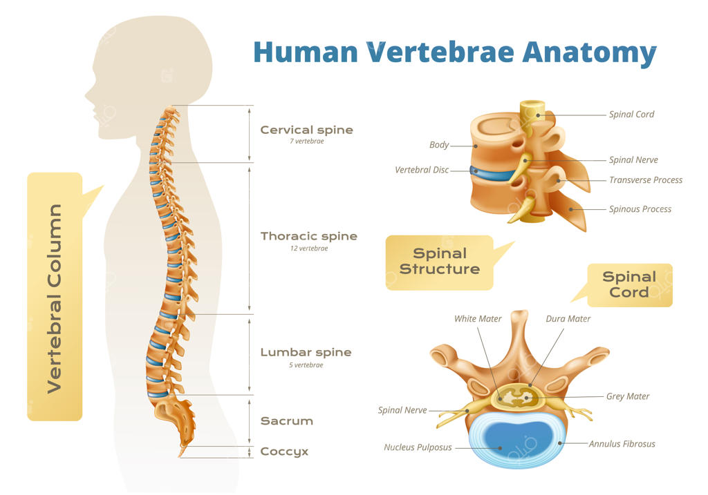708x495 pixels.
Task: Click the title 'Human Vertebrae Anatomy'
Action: (x=454, y=52)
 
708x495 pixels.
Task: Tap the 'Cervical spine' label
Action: (x=306, y=130)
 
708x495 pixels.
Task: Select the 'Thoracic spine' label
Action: (x=308, y=236)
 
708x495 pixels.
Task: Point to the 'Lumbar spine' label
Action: (x=306, y=352)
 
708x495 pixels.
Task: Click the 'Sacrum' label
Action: (x=286, y=420)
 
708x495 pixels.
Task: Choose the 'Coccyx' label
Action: (x=284, y=452)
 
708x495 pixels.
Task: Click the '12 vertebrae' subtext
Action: (x=309, y=249)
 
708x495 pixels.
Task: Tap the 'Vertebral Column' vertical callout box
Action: (x=55, y=297)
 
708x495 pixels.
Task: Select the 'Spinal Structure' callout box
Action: (x=439, y=262)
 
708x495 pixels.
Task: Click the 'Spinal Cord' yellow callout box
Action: (x=629, y=284)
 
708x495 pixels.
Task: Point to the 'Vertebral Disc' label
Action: (x=422, y=170)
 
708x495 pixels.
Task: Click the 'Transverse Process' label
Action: (x=645, y=180)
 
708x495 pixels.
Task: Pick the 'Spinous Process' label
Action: (x=640, y=209)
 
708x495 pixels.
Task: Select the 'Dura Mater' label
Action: (x=568, y=319)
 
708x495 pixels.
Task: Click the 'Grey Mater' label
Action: (x=627, y=396)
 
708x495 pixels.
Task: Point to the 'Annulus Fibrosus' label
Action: (x=622, y=444)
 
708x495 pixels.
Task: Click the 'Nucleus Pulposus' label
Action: (x=418, y=447)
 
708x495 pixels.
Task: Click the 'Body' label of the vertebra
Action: (x=439, y=145)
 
